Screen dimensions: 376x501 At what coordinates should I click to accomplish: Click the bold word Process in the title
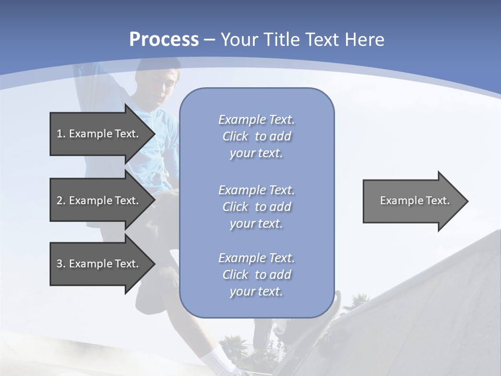point(164,40)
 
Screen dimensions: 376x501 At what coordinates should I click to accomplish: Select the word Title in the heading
point(282,40)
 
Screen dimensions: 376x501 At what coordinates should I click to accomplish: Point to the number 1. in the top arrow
point(61,134)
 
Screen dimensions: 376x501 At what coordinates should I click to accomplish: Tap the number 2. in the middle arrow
point(61,201)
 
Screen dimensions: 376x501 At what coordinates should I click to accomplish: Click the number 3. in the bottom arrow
point(61,264)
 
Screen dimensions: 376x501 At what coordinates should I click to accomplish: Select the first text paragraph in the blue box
point(256,136)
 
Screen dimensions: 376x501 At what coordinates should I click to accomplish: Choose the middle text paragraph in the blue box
point(256,207)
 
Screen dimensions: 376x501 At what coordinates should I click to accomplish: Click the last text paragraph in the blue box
point(256,275)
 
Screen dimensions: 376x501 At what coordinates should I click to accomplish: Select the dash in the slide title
point(210,40)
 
